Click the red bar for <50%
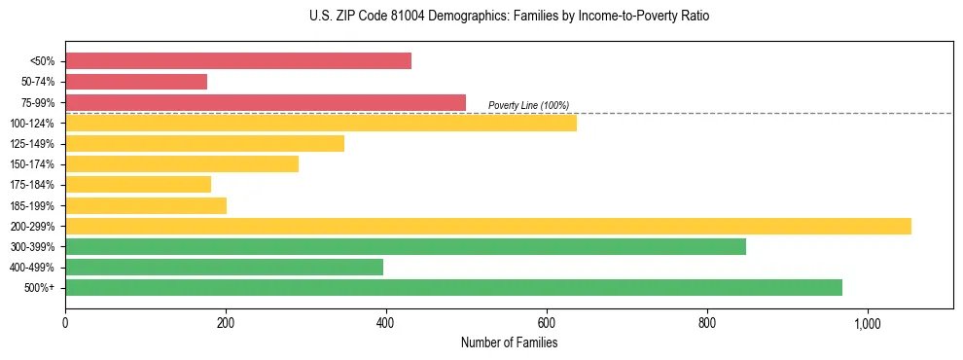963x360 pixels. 238,61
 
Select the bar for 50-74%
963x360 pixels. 136,82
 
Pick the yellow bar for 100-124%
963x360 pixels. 321,123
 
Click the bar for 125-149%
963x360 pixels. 204,144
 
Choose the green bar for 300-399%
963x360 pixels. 406,246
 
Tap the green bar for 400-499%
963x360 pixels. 224,267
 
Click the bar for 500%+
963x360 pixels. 453,287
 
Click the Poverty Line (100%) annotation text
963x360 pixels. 528,105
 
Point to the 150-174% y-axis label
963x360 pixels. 32,164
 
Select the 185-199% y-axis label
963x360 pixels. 32,205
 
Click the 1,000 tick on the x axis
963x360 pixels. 867,324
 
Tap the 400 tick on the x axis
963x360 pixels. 386,324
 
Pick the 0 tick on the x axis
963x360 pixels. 65,324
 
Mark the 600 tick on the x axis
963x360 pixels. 547,324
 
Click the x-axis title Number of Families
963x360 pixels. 509,342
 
